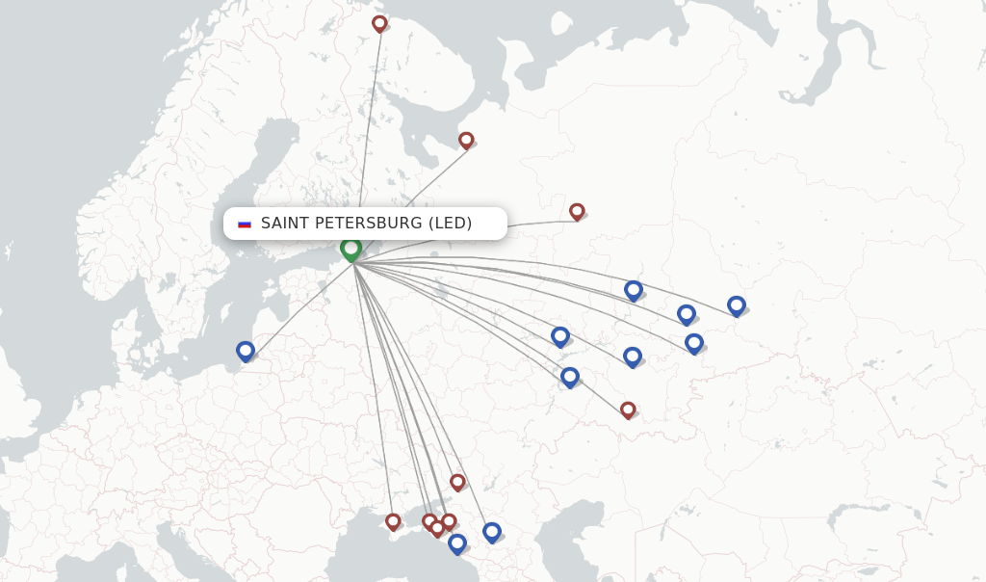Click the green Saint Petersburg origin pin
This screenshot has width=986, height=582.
click(x=351, y=249)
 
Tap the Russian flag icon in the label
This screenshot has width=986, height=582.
click(x=245, y=224)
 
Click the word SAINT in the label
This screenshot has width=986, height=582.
click(x=281, y=224)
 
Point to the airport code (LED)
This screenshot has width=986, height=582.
click(x=450, y=224)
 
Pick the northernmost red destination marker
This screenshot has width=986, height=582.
click(x=379, y=23)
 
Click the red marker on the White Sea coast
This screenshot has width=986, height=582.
click(x=466, y=140)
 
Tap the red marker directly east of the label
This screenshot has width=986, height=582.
click(x=577, y=211)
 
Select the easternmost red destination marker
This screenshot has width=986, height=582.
click(x=628, y=410)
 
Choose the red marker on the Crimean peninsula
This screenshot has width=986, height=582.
click(x=393, y=521)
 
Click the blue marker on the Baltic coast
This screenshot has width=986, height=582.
click(x=246, y=351)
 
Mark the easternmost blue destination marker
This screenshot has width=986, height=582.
click(x=737, y=305)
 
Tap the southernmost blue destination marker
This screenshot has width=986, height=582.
click(x=457, y=543)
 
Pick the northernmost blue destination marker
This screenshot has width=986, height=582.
click(x=633, y=289)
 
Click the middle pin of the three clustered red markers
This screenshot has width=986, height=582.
click(x=437, y=528)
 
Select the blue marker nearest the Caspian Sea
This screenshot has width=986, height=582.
click(x=492, y=532)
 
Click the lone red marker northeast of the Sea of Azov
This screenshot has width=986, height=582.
click(x=457, y=482)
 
